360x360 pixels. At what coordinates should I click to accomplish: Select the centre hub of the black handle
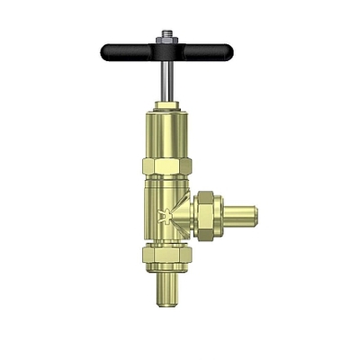[x=166, y=50]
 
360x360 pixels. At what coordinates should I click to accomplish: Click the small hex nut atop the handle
[x=166, y=41]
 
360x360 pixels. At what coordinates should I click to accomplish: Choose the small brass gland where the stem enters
[x=166, y=106]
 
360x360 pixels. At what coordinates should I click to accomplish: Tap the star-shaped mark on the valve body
[x=163, y=217]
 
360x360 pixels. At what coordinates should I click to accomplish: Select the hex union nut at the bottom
[x=166, y=259]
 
